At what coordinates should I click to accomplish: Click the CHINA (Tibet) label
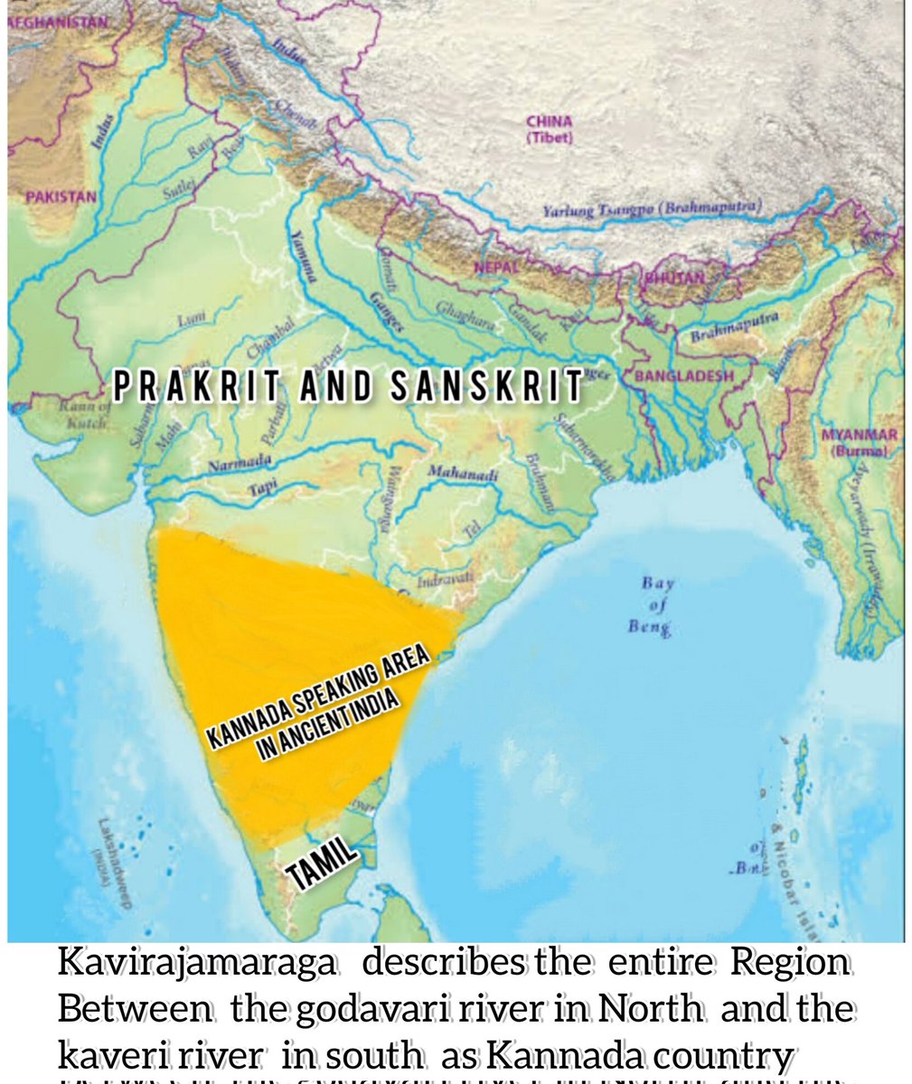[549, 128]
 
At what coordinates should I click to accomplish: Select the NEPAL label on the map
[496, 267]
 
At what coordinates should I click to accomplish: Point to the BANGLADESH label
[684, 376]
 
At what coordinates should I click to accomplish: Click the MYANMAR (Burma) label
[858, 441]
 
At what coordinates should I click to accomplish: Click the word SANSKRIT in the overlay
[486, 387]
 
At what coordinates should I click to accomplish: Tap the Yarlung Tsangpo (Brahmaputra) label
[652, 209]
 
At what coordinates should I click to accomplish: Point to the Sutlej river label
[174, 192]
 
